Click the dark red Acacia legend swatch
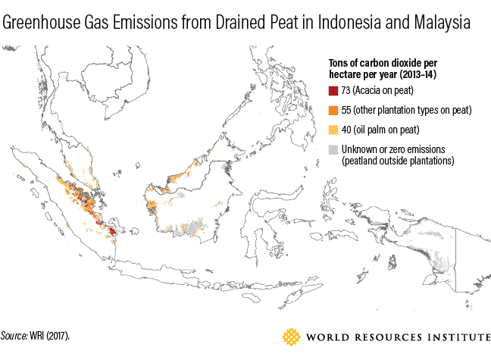[333, 91]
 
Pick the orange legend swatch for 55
[333, 110]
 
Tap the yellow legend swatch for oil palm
[333, 129]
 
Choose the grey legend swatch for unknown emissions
[333, 149]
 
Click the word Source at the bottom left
[14, 334]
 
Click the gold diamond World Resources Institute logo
[292, 337]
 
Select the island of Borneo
[189, 201]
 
